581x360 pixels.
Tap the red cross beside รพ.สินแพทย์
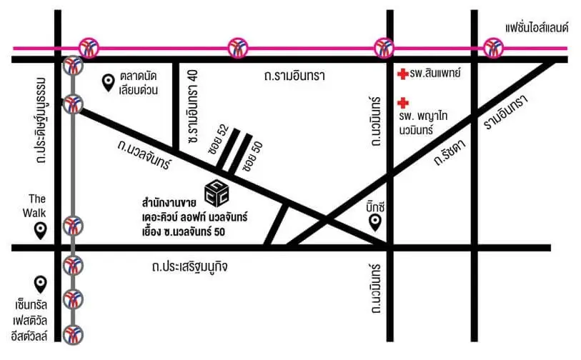(x=402, y=74)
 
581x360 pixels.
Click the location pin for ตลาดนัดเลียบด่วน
(x=109, y=84)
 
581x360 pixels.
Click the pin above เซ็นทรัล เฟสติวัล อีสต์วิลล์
(x=41, y=284)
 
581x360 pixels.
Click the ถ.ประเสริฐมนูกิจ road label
(x=190, y=265)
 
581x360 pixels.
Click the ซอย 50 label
(x=249, y=156)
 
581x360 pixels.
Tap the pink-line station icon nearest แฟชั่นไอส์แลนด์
(x=492, y=48)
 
